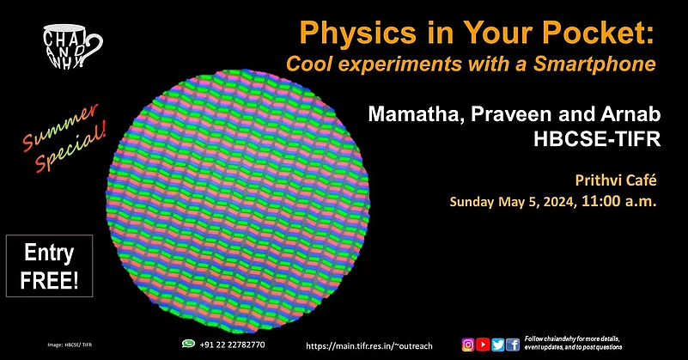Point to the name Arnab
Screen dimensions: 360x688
(625, 115)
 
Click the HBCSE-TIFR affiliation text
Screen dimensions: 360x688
(600, 139)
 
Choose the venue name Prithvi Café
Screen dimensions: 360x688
(614, 181)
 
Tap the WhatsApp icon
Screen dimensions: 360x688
(188, 343)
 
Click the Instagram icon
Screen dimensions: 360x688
(468, 344)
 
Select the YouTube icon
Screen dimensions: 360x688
(483, 344)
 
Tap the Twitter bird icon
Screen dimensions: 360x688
(497, 344)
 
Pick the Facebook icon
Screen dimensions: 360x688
(512, 344)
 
